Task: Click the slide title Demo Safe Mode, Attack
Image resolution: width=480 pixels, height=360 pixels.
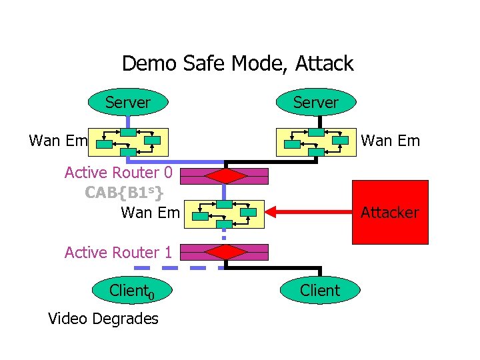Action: click(237, 64)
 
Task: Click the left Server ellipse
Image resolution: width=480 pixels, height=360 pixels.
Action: click(128, 102)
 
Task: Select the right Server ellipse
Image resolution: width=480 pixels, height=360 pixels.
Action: click(316, 102)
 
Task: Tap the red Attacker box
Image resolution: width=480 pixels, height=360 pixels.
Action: click(390, 213)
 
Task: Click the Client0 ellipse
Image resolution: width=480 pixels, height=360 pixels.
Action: click(131, 291)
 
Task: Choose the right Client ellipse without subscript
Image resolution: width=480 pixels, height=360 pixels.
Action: click(320, 290)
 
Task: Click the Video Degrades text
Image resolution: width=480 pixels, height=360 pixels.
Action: click(103, 319)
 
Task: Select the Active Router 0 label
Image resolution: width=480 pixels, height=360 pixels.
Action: click(119, 173)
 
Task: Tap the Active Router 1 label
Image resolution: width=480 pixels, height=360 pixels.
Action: click(119, 252)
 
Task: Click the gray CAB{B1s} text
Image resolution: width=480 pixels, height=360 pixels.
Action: click(124, 193)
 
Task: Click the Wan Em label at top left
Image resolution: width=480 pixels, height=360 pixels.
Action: click(59, 141)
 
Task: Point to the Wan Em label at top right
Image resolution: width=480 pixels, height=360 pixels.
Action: click(390, 141)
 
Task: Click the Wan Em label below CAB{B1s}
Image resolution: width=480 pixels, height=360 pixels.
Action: click(150, 213)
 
